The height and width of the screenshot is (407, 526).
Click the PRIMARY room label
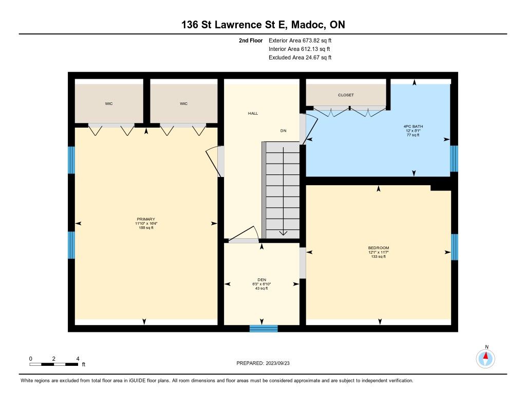pyautogui.click(x=146, y=219)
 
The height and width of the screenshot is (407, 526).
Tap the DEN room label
pyautogui.click(x=261, y=279)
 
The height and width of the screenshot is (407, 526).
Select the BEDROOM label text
pyautogui.click(x=379, y=247)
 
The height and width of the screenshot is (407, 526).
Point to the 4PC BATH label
pyautogui.click(x=413, y=127)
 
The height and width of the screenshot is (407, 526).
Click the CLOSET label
pyautogui.click(x=346, y=95)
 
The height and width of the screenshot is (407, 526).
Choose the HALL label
pyautogui.click(x=253, y=113)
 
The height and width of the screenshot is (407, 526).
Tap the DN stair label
pyautogui.click(x=284, y=130)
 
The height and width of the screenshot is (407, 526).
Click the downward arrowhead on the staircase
pyautogui.click(x=284, y=233)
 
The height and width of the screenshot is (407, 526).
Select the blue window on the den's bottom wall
pyautogui.click(x=264, y=328)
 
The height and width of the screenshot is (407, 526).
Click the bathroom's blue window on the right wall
pyautogui.click(x=454, y=158)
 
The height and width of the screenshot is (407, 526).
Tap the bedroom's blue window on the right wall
pyautogui.click(x=454, y=247)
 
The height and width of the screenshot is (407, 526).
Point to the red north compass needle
pyautogui.click(x=485, y=356)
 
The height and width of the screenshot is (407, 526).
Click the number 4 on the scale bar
pyautogui.click(x=78, y=359)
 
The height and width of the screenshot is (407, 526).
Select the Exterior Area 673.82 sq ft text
pyautogui.click(x=300, y=40)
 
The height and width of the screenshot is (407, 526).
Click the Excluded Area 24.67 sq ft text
pyautogui.click(x=300, y=58)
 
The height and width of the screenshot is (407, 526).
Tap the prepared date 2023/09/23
pyautogui.click(x=278, y=363)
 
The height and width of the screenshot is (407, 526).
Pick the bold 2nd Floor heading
pyautogui.click(x=251, y=40)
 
